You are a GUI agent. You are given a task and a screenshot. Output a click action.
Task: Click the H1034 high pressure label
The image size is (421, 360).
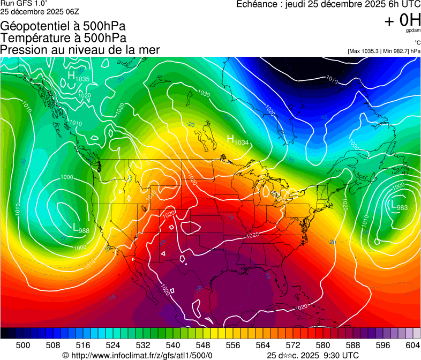[238, 140]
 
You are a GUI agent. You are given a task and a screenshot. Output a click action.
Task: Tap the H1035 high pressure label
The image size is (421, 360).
[78, 77]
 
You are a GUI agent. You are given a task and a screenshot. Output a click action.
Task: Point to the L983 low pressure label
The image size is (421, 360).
[399, 206]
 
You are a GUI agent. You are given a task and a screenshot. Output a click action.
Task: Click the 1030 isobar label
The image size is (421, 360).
[204, 94]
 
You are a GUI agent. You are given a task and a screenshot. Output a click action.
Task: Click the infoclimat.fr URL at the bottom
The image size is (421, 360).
[138, 355]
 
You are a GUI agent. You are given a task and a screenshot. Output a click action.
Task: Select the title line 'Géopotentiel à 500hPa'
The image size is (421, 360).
[63, 26]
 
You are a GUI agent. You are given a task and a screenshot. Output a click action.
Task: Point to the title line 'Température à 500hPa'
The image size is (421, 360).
[63, 37]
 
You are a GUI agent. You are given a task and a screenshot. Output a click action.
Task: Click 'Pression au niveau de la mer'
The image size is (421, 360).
[80, 50]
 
